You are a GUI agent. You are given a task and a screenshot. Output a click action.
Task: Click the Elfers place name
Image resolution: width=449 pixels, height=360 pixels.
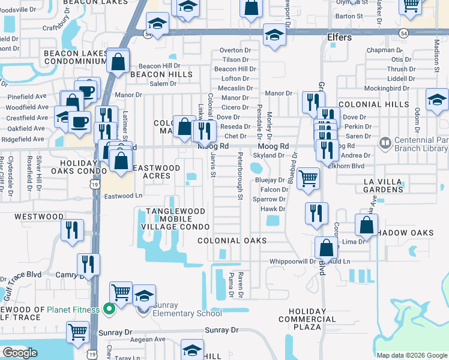point(339,37)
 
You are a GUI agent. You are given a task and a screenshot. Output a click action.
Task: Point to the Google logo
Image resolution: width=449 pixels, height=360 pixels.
point(20,353)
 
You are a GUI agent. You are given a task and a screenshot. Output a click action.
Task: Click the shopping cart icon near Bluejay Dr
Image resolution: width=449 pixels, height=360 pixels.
point(308,177)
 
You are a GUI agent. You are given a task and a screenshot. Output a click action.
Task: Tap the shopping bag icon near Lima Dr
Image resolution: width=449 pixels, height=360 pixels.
point(366,226)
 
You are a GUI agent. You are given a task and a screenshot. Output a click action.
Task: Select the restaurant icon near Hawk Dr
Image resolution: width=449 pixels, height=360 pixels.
point(316,213)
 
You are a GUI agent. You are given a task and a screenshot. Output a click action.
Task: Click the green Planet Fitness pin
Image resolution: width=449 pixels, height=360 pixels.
point(109,310)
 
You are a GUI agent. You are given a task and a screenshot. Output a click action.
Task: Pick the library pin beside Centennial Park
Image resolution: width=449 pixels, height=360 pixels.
point(385,145)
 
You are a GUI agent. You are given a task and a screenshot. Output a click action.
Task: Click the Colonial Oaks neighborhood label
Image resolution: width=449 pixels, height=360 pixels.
point(232,240)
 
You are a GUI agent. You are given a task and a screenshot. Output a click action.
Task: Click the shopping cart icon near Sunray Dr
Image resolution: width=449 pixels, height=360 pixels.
point(77,332)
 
